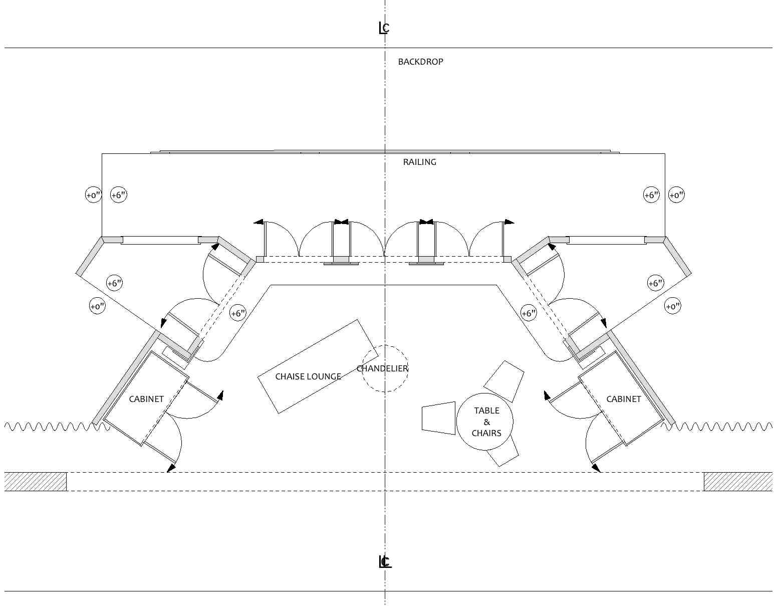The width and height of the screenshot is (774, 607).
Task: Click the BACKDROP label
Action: pyautogui.click(x=420, y=62)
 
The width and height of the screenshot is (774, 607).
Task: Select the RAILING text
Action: pyautogui.click(x=419, y=162)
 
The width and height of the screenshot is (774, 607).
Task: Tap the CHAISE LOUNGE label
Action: pyautogui.click(x=308, y=376)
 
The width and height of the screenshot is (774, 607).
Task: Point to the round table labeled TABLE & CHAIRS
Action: pyautogui.click(x=485, y=422)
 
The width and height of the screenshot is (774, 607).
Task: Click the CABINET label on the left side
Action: pyautogui.click(x=146, y=399)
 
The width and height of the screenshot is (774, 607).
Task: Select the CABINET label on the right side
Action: pyautogui.click(x=623, y=399)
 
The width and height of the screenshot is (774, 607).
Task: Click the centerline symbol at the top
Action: pyautogui.click(x=384, y=28)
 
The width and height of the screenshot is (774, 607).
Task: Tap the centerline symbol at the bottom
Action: pyautogui.click(x=384, y=562)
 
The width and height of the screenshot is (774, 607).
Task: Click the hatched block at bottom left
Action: pyautogui.click(x=36, y=482)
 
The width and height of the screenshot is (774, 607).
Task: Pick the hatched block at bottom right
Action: pyautogui.click(x=738, y=482)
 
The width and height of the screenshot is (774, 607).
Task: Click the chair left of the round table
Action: pyautogui.click(x=438, y=418)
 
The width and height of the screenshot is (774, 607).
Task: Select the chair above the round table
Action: pyautogui.click(x=504, y=380)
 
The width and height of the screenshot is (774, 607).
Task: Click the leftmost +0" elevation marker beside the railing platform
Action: pyautogui.click(x=93, y=195)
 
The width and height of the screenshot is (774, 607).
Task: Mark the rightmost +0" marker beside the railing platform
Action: pyautogui.click(x=676, y=195)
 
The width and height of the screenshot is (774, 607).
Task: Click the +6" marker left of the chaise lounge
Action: pyautogui.click(x=238, y=314)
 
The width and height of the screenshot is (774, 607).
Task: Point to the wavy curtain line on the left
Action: pyautogui.click(x=50, y=427)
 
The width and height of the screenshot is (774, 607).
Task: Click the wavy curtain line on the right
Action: pyautogui.click(x=721, y=427)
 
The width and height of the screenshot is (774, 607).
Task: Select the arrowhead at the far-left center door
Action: pyautogui.click(x=259, y=222)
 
